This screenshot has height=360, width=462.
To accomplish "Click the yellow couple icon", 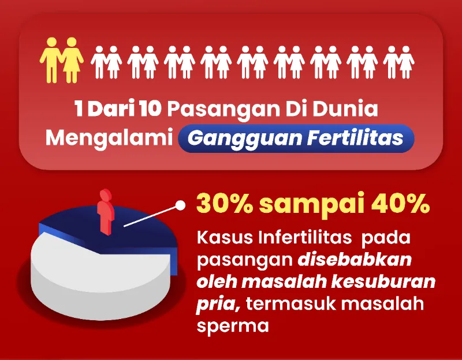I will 60,59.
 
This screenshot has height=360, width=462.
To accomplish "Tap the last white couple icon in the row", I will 398,62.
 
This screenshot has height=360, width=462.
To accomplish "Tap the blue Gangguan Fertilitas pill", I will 296,138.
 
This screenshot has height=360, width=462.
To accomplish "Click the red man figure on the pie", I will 105,211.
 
